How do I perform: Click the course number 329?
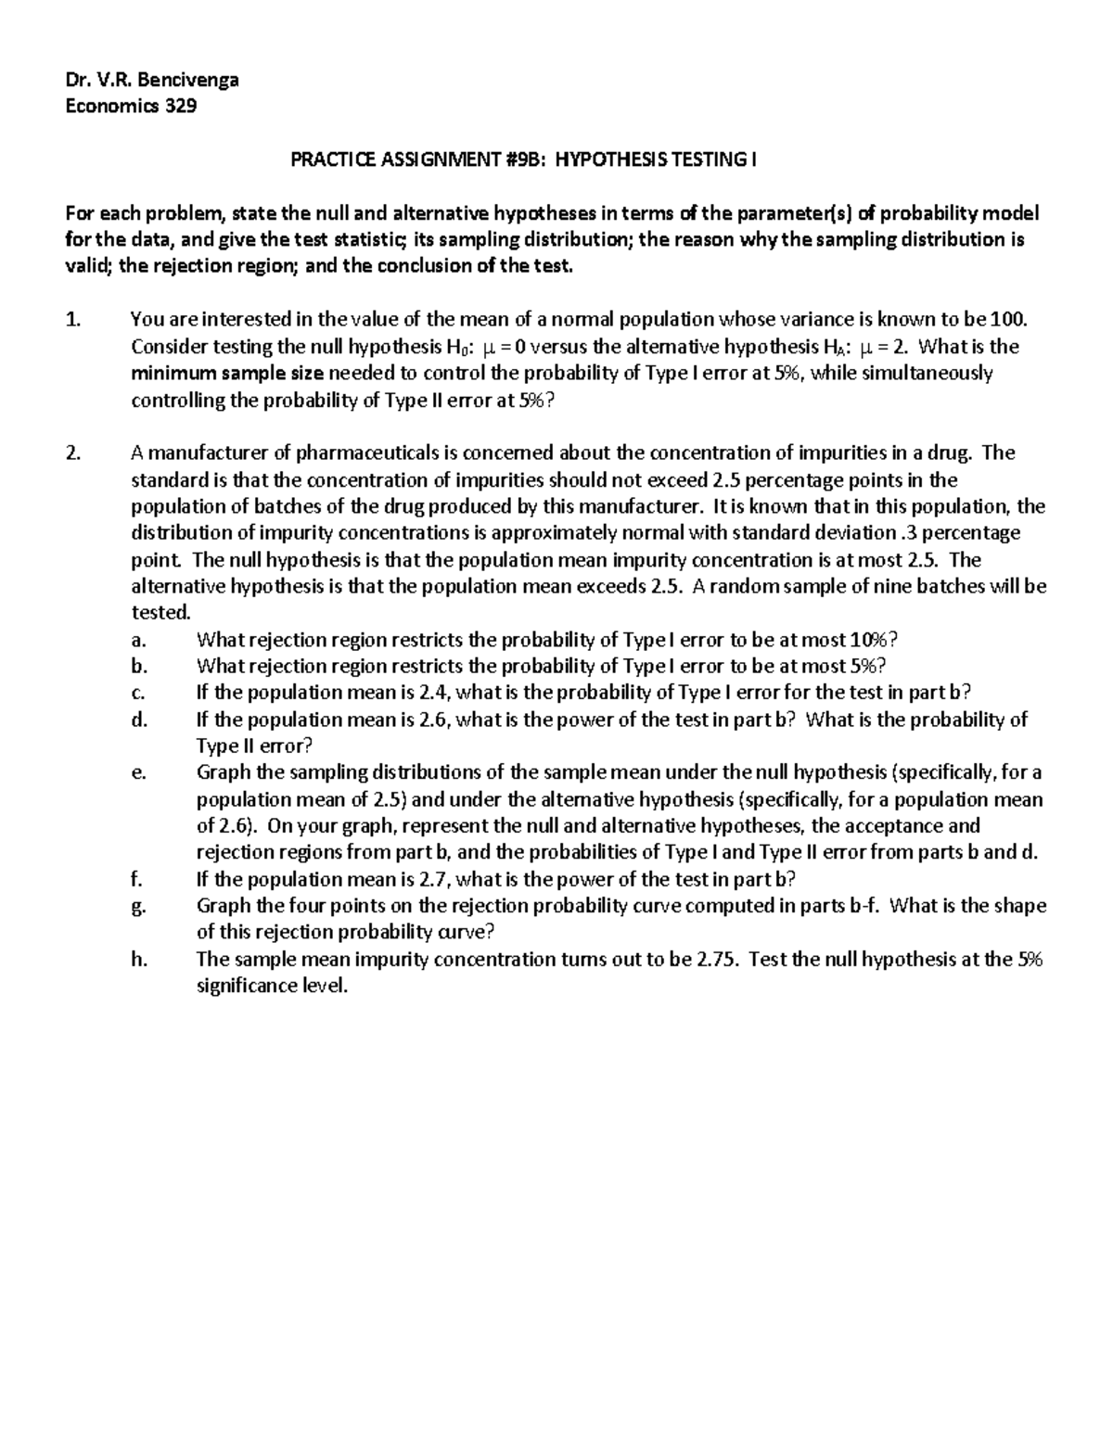click(181, 106)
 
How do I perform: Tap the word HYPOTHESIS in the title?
click(617, 159)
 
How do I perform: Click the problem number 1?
click(73, 320)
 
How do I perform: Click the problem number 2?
click(73, 453)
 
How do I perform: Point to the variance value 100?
click(1008, 320)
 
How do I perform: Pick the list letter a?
click(137, 641)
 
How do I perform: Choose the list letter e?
click(137, 773)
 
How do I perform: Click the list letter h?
click(138, 960)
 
